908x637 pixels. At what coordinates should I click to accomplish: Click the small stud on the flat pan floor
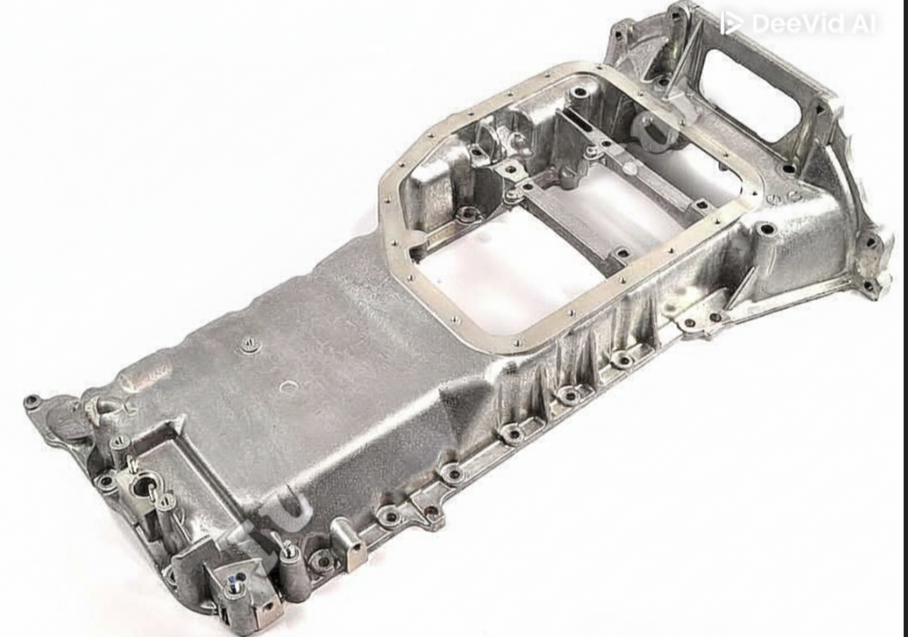[x=247, y=344]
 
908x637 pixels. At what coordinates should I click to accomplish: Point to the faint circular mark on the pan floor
[x=289, y=387]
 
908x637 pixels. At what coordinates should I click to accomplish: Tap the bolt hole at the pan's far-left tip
[x=34, y=400]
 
